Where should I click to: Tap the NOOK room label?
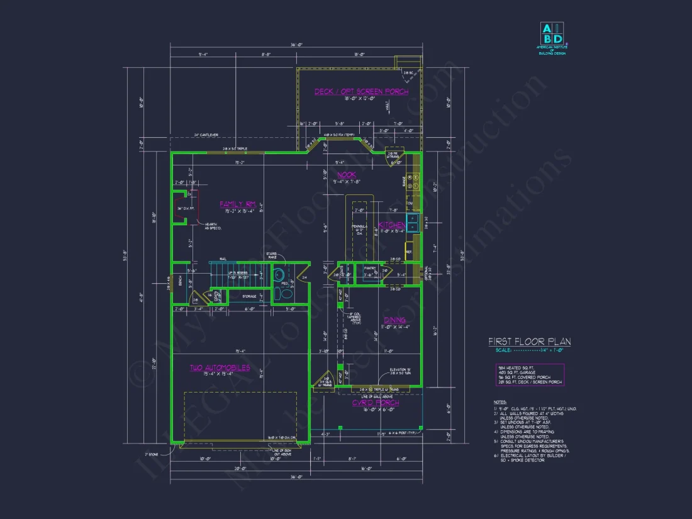coord(346,175)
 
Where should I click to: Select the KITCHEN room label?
coord(391,225)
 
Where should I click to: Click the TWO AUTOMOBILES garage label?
coord(220,367)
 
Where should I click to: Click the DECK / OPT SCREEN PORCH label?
coord(361,92)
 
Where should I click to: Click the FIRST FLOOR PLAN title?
coord(530,342)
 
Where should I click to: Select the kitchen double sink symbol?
coord(413,223)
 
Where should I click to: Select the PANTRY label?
coord(370,269)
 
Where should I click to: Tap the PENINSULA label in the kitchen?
coord(356,227)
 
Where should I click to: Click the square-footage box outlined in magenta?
coord(529,374)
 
